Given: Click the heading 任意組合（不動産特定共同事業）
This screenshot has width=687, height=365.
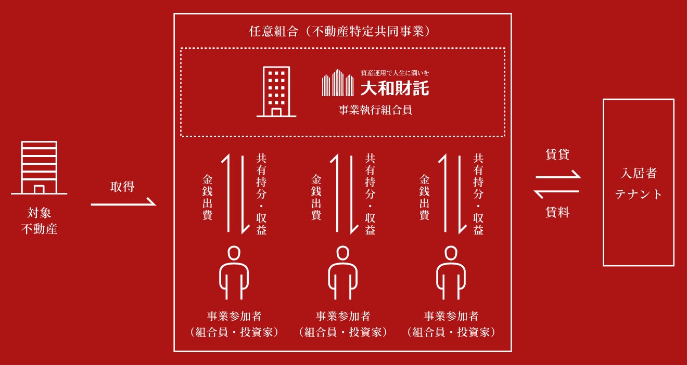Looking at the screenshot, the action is point(342,31).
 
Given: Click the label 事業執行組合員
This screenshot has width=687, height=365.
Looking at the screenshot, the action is point(375,110).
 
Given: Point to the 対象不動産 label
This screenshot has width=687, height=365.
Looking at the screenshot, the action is point(39,220).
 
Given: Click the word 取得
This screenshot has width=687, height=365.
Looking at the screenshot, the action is point(122,187).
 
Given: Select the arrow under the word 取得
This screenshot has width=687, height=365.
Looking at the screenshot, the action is point(123,203).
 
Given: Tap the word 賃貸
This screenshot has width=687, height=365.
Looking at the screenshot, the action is point(557,154).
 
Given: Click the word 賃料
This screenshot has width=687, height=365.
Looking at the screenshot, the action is point(557,212).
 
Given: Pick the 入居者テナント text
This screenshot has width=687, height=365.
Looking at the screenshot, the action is point(639,184).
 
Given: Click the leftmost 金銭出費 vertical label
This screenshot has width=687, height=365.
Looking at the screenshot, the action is point(207,197).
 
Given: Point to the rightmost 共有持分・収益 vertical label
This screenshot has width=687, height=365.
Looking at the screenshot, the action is point(478,194).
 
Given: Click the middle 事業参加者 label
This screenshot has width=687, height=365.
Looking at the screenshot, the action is point(342,316).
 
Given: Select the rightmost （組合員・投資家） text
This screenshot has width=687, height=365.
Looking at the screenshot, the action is point(451,332).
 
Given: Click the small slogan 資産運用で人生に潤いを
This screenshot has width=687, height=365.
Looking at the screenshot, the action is point(395,73).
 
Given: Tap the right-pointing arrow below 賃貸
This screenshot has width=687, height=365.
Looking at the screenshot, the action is point(557,176).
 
